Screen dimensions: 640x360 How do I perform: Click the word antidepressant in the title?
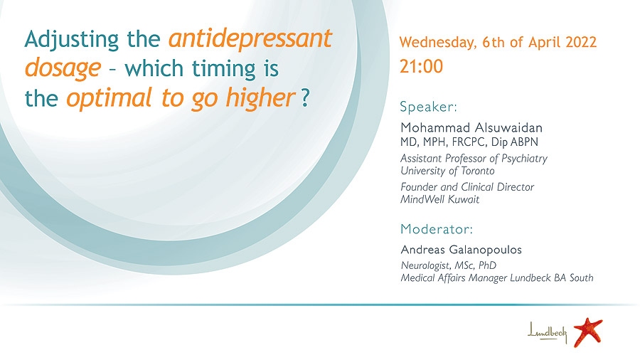[250, 39]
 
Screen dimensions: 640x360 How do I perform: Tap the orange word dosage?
[63, 68]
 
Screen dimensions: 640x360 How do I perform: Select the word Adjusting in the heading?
[71, 40]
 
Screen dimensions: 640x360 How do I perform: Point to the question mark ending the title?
[305, 97]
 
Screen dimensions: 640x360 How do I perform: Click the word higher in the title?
[260, 97]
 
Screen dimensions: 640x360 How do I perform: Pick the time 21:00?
[421, 67]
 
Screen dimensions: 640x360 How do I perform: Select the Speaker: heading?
[429, 107]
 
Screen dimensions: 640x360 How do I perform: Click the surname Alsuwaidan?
[507, 127]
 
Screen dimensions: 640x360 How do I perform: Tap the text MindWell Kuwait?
[440, 199]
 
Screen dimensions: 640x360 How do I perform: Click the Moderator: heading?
[437, 229]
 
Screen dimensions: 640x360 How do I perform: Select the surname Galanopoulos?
[485, 250]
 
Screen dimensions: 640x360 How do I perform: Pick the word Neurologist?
[425, 265]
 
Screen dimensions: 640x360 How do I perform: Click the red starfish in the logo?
[588, 332]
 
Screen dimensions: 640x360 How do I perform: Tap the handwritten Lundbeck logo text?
[548, 332]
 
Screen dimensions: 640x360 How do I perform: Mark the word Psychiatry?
[525, 159]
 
